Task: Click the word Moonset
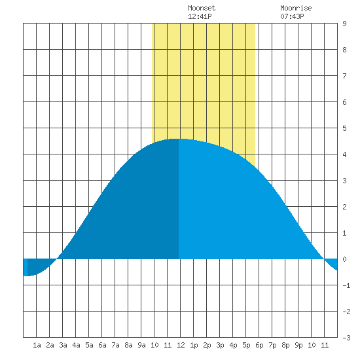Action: (202, 8)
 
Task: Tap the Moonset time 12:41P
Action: (200, 16)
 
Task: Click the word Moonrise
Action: (296, 8)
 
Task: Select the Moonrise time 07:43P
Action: (292, 16)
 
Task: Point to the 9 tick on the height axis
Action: (344, 24)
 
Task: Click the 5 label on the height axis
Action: (344, 128)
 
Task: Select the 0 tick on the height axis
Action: (344, 259)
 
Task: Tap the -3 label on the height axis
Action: (346, 338)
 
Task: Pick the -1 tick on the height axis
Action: (346, 285)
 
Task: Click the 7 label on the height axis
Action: (344, 76)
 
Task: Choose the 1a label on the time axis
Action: (37, 345)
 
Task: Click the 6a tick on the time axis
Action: (102, 345)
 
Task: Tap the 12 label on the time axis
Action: (181, 345)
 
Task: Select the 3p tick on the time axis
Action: (220, 345)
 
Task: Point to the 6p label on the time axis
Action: (259, 345)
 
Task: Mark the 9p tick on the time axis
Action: (298, 345)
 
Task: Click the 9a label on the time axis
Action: (141, 345)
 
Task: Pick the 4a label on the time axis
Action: (76, 345)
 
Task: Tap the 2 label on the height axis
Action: (344, 207)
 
